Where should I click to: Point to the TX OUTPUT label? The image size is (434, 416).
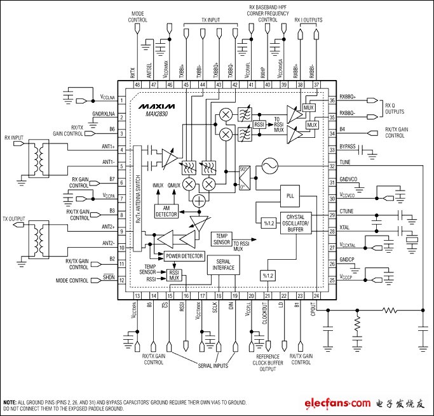pos(16,218)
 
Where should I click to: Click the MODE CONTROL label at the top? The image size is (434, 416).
pos(138,16)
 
